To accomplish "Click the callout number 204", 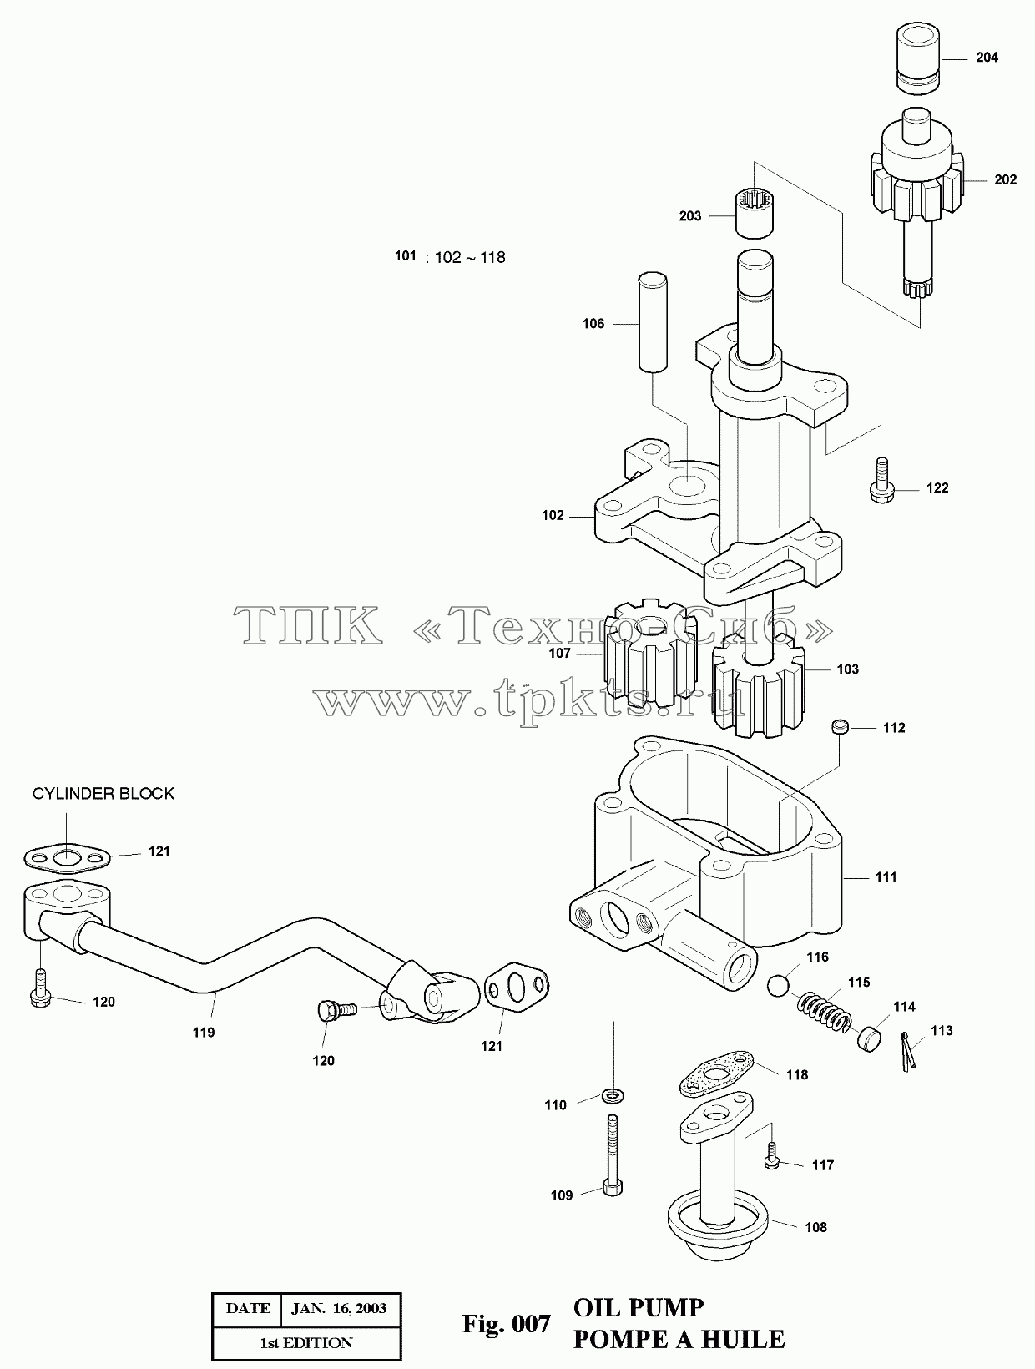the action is coord(987,58).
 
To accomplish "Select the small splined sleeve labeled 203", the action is coord(755,213).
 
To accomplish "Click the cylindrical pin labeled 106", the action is coord(652,322).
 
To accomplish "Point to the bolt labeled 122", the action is coord(881,480).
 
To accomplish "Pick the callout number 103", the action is coord(847,669).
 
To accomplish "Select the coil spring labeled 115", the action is coord(825,1012).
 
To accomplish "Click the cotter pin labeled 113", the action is coord(907,1052).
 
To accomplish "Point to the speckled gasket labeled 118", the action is coord(716,1074).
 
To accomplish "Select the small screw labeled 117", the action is coord(772,1155).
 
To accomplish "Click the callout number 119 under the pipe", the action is coord(204,1033).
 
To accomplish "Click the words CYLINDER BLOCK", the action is coord(103,794).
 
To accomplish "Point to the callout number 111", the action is coord(886,877).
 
